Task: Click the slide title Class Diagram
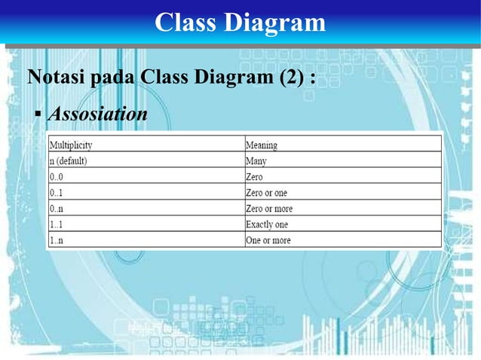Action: (x=240, y=23)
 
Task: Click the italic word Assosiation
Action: (x=97, y=114)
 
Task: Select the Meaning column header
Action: (x=262, y=145)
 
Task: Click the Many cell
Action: (x=256, y=160)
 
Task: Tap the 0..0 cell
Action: (x=57, y=176)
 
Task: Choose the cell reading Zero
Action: (x=254, y=176)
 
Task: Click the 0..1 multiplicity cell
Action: (x=57, y=193)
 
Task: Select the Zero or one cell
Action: (x=267, y=193)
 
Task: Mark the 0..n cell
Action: (x=57, y=209)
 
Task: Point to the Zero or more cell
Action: (x=269, y=209)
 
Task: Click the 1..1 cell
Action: (x=57, y=224)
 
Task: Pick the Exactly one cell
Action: (x=267, y=224)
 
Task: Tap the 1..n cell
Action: (x=57, y=240)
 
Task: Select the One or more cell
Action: (x=268, y=240)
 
